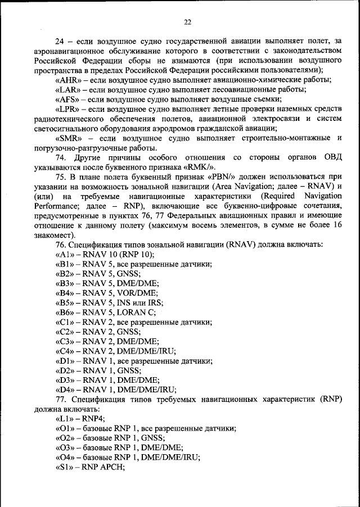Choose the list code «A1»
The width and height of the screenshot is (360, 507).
pos(65,254)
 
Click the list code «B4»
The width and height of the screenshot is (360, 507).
pos(65,293)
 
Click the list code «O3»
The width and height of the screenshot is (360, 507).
pos(65,449)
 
